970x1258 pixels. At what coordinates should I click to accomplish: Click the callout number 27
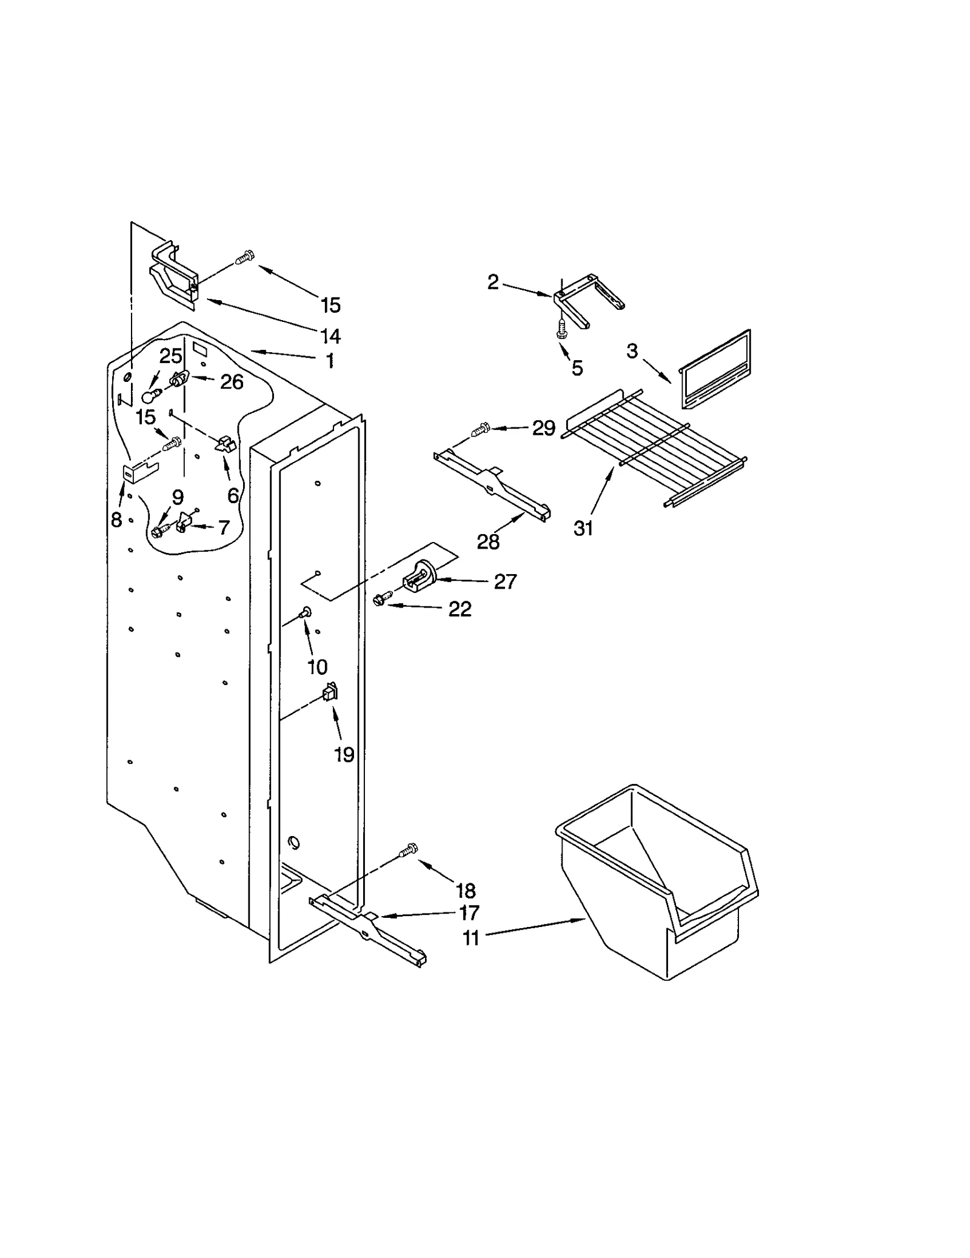[505, 582]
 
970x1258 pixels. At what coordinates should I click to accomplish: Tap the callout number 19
[344, 755]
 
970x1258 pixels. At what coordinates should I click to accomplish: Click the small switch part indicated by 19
[330, 691]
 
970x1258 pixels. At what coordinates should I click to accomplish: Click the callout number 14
[330, 335]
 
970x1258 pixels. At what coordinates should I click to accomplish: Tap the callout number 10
[317, 667]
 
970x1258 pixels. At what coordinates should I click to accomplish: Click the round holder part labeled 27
[419, 577]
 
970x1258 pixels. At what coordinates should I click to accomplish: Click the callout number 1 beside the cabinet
[329, 361]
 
